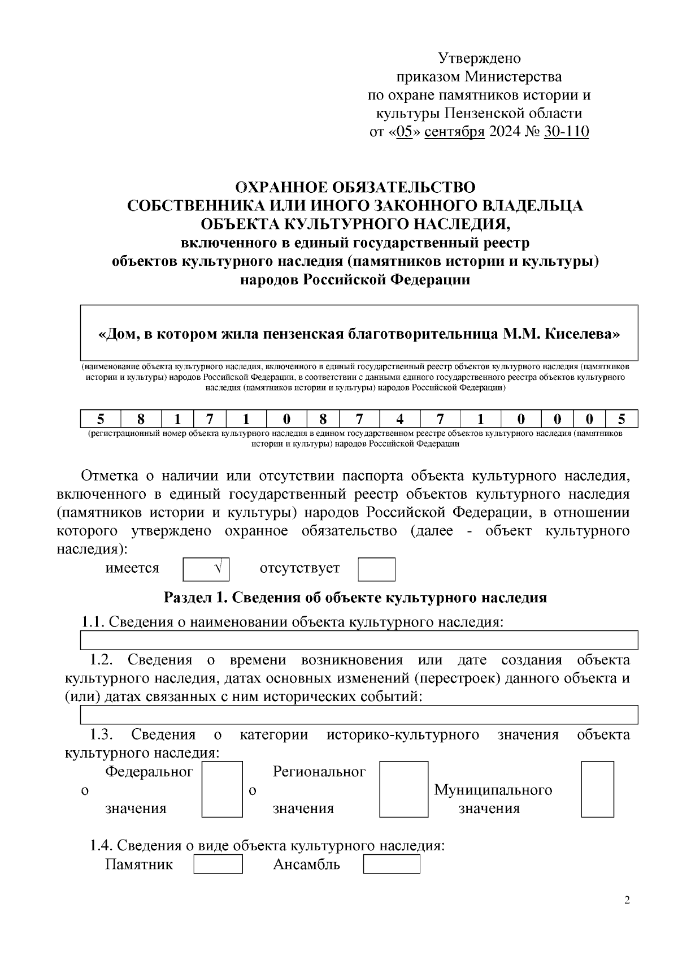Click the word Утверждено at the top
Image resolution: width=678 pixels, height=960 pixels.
click(x=479, y=58)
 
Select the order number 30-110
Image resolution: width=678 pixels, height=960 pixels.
click(x=566, y=132)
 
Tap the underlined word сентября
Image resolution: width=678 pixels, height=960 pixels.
click(x=454, y=132)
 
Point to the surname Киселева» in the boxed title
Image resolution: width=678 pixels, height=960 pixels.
click(x=583, y=334)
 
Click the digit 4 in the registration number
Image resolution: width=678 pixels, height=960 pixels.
click(x=400, y=419)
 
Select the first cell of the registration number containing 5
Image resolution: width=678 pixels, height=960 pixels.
click(x=101, y=419)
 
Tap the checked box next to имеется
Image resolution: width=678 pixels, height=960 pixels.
click(x=206, y=569)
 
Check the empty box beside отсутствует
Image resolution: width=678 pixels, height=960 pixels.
click(x=376, y=569)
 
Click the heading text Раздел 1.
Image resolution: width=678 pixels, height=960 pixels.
click(x=195, y=598)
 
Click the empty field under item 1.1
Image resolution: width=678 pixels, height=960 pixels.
click(x=359, y=641)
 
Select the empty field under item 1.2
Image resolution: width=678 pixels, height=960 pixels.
click(x=359, y=715)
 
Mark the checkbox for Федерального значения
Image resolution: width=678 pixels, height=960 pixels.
click(x=222, y=789)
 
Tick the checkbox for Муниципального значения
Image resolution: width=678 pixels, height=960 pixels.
click(x=597, y=789)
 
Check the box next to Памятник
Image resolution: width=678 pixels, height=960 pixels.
click(x=218, y=864)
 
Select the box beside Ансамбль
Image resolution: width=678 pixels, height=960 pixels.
click(x=392, y=864)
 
